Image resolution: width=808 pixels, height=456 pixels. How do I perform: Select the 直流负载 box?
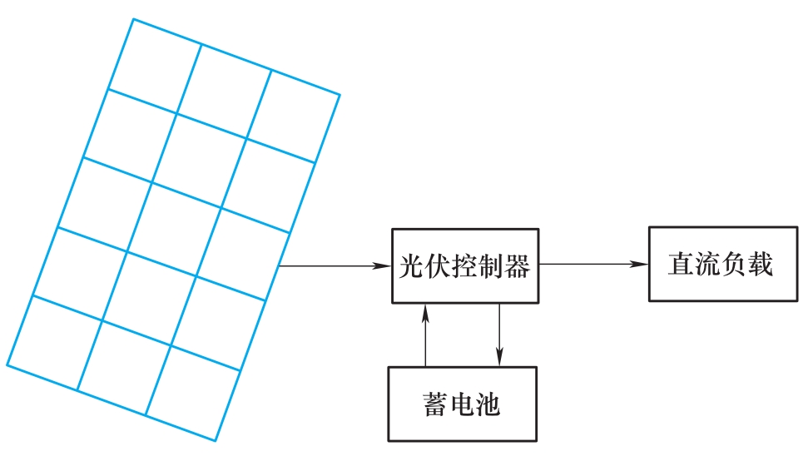click(x=721, y=264)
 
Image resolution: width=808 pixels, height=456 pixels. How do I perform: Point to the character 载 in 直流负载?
click(x=761, y=265)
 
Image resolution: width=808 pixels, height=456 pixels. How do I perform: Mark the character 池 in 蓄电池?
click(x=492, y=404)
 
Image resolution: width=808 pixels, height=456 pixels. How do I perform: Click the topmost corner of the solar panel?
click(x=133, y=18)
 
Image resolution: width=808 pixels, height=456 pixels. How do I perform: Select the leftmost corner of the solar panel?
click(x=7, y=364)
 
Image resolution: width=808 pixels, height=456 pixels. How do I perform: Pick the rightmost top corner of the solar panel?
click(x=340, y=94)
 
